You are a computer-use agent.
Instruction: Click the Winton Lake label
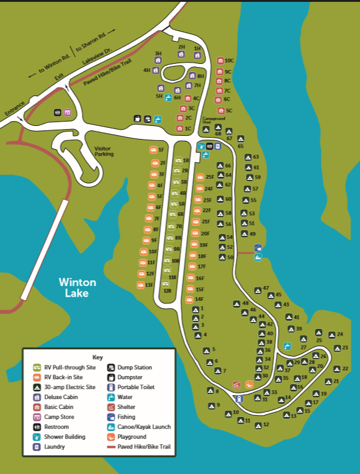(78, 287)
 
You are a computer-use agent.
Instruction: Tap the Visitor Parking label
(104, 151)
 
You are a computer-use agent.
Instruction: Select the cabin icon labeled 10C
(220, 61)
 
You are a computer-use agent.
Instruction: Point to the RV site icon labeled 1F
(153, 150)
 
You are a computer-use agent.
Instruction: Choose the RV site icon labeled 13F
(140, 285)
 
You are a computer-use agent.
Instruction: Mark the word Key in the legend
(97, 357)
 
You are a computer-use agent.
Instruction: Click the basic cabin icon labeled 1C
(179, 129)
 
